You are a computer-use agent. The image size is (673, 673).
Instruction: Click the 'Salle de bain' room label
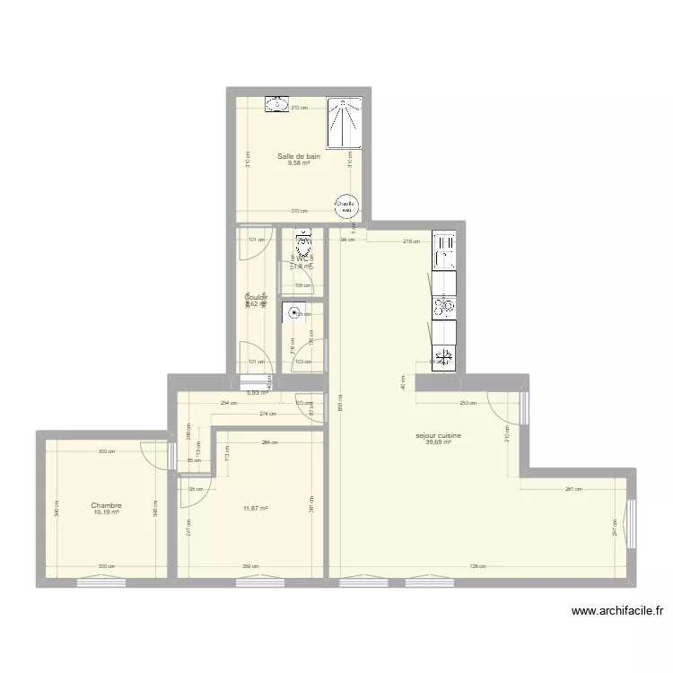tap(298, 155)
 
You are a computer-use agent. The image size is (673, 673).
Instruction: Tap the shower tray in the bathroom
tap(344, 123)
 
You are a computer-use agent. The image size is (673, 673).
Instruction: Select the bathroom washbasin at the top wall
tap(277, 105)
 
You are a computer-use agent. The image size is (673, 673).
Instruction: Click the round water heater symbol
tap(345, 205)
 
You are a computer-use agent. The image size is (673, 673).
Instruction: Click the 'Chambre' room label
tap(105, 505)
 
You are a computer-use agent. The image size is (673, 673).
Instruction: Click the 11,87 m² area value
tap(256, 509)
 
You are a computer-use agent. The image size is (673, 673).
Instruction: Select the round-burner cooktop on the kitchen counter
tap(444, 307)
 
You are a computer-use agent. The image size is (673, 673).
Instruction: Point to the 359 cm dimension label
tap(250, 566)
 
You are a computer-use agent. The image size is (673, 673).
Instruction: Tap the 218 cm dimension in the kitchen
tap(410, 241)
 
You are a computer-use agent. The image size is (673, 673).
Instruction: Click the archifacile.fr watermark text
tap(617, 612)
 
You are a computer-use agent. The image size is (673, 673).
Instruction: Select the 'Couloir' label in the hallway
tap(257, 297)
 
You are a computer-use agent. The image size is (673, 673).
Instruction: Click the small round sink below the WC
tap(293, 314)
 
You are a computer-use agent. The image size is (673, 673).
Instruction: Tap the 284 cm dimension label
tap(267, 442)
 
